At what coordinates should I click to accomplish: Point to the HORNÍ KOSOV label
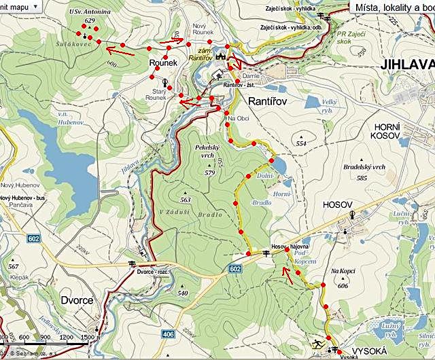click(x=389, y=132)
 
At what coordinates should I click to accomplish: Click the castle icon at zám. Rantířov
click(x=220, y=57)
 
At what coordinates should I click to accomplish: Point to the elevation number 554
click(x=302, y=143)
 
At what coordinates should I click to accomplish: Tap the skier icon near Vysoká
click(x=317, y=343)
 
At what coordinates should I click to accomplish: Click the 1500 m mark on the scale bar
click(x=88, y=337)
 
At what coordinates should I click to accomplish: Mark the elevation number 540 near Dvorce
click(x=182, y=293)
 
